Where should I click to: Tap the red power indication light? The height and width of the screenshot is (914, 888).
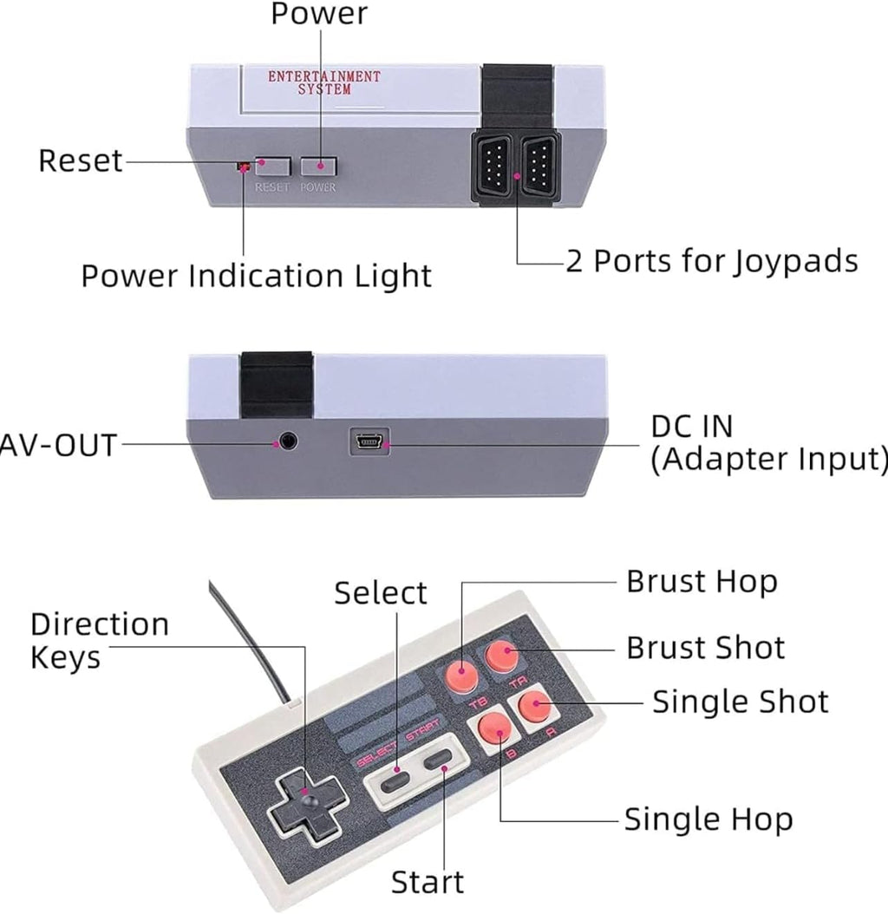243,165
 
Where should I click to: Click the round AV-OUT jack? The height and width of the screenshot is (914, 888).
287,441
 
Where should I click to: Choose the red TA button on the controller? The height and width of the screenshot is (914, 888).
500,656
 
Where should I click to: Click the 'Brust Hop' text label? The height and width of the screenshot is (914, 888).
702,582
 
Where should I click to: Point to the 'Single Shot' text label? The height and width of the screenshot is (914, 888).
740,702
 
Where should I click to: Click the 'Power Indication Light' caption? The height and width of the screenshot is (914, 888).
256,277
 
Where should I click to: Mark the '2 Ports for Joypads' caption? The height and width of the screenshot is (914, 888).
711,261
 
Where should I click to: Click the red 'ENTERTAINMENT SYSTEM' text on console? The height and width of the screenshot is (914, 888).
323,82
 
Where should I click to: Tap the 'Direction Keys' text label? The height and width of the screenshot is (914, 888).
99,641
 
